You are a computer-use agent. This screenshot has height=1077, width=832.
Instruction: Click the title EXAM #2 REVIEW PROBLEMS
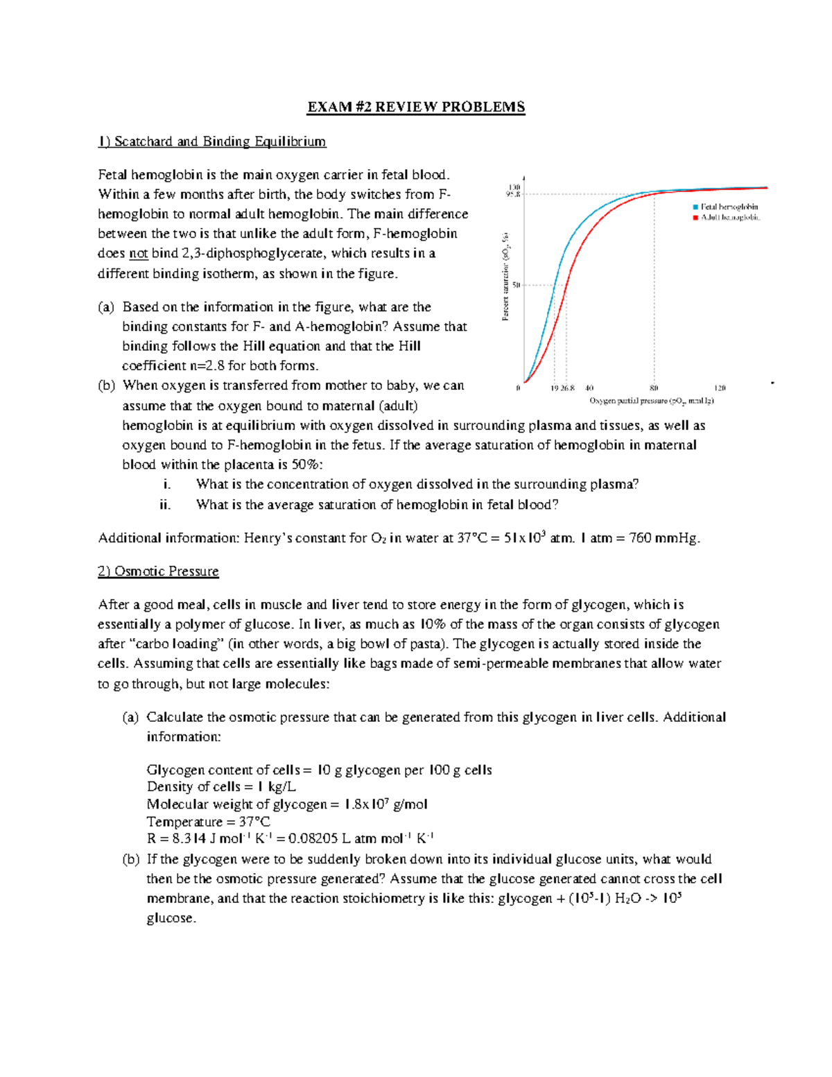pyautogui.click(x=416, y=107)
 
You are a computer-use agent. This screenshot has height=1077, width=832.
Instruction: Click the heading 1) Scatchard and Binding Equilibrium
pyautogui.click(x=211, y=141)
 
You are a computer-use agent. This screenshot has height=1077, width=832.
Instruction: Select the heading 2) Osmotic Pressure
pyautogui.click(x=158, y=571)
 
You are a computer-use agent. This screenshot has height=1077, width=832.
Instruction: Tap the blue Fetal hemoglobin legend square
pyautogui.click(x=695, y=207)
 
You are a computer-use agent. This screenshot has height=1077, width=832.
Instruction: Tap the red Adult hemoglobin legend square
pyautogui.click(x=695, y=218)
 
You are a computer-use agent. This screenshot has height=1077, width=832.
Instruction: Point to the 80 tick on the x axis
pyautogui.click(x=654, y=388)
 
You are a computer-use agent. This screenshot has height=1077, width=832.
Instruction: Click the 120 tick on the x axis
pyautogui.click(x=720, y=388)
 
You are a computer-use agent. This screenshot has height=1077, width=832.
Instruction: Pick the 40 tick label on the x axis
pyautogui.click(x=589, y=388)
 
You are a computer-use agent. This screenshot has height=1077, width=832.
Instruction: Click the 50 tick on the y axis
pyautogui.click(x=516, y=284)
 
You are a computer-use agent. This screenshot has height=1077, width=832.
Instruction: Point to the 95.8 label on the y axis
pyautogui.click(x=512, y=195)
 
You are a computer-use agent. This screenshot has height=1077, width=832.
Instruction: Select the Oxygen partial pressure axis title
pyautogui.click(x=651, y=401)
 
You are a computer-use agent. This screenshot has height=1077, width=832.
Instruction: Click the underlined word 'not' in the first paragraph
pyautogui.click(x=139, y=254)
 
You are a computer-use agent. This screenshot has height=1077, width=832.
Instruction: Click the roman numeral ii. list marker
pyautogui.click(x=165, y=505)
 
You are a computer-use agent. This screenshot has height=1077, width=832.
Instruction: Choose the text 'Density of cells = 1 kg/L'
pyautogui.click(x=221, y=787)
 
